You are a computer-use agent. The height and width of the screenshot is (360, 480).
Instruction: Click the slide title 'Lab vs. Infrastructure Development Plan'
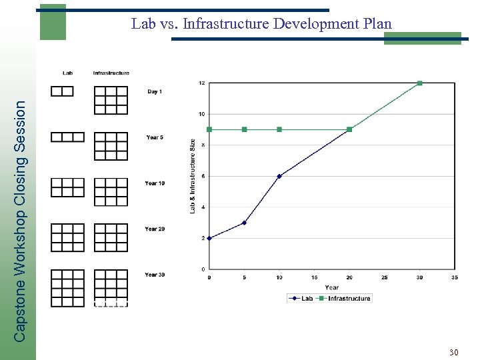tap(261, 24)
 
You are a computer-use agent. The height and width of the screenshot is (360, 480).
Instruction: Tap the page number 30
tap(453, 352)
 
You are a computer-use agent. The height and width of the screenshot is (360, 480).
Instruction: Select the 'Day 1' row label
tap(155, 91)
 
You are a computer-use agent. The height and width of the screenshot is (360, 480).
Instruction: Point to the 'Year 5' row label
tap(155, 137)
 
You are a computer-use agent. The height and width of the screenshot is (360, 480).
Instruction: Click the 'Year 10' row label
tap(155, 183)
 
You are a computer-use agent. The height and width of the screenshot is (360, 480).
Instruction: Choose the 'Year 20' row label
tap(155, 229)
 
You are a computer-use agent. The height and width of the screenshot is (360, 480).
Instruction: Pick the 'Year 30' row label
tap(155, 275)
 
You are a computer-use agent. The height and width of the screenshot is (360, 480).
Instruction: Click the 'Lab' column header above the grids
tap(68, 73)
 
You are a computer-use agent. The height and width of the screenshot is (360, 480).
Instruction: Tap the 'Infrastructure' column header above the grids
tap(111, 73)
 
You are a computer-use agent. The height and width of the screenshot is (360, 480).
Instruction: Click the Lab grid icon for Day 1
tap(62, 91)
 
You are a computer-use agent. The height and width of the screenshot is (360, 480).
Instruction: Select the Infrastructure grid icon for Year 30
tap(111, 288)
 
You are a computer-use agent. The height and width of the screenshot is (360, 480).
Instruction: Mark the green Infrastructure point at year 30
tap(419, 83)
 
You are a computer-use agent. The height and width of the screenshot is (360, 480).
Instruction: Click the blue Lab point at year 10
tap(279, 176)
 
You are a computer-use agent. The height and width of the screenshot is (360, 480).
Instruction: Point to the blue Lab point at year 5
tap(244, 223)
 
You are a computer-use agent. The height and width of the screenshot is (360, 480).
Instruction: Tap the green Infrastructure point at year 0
tap(209, 129)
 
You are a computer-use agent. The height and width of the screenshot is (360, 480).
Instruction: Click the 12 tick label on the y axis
tap(201, 83)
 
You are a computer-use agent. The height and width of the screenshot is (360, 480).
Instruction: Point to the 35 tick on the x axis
tap(455, 277)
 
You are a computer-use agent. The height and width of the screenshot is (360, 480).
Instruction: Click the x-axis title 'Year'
tap(331, 287)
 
